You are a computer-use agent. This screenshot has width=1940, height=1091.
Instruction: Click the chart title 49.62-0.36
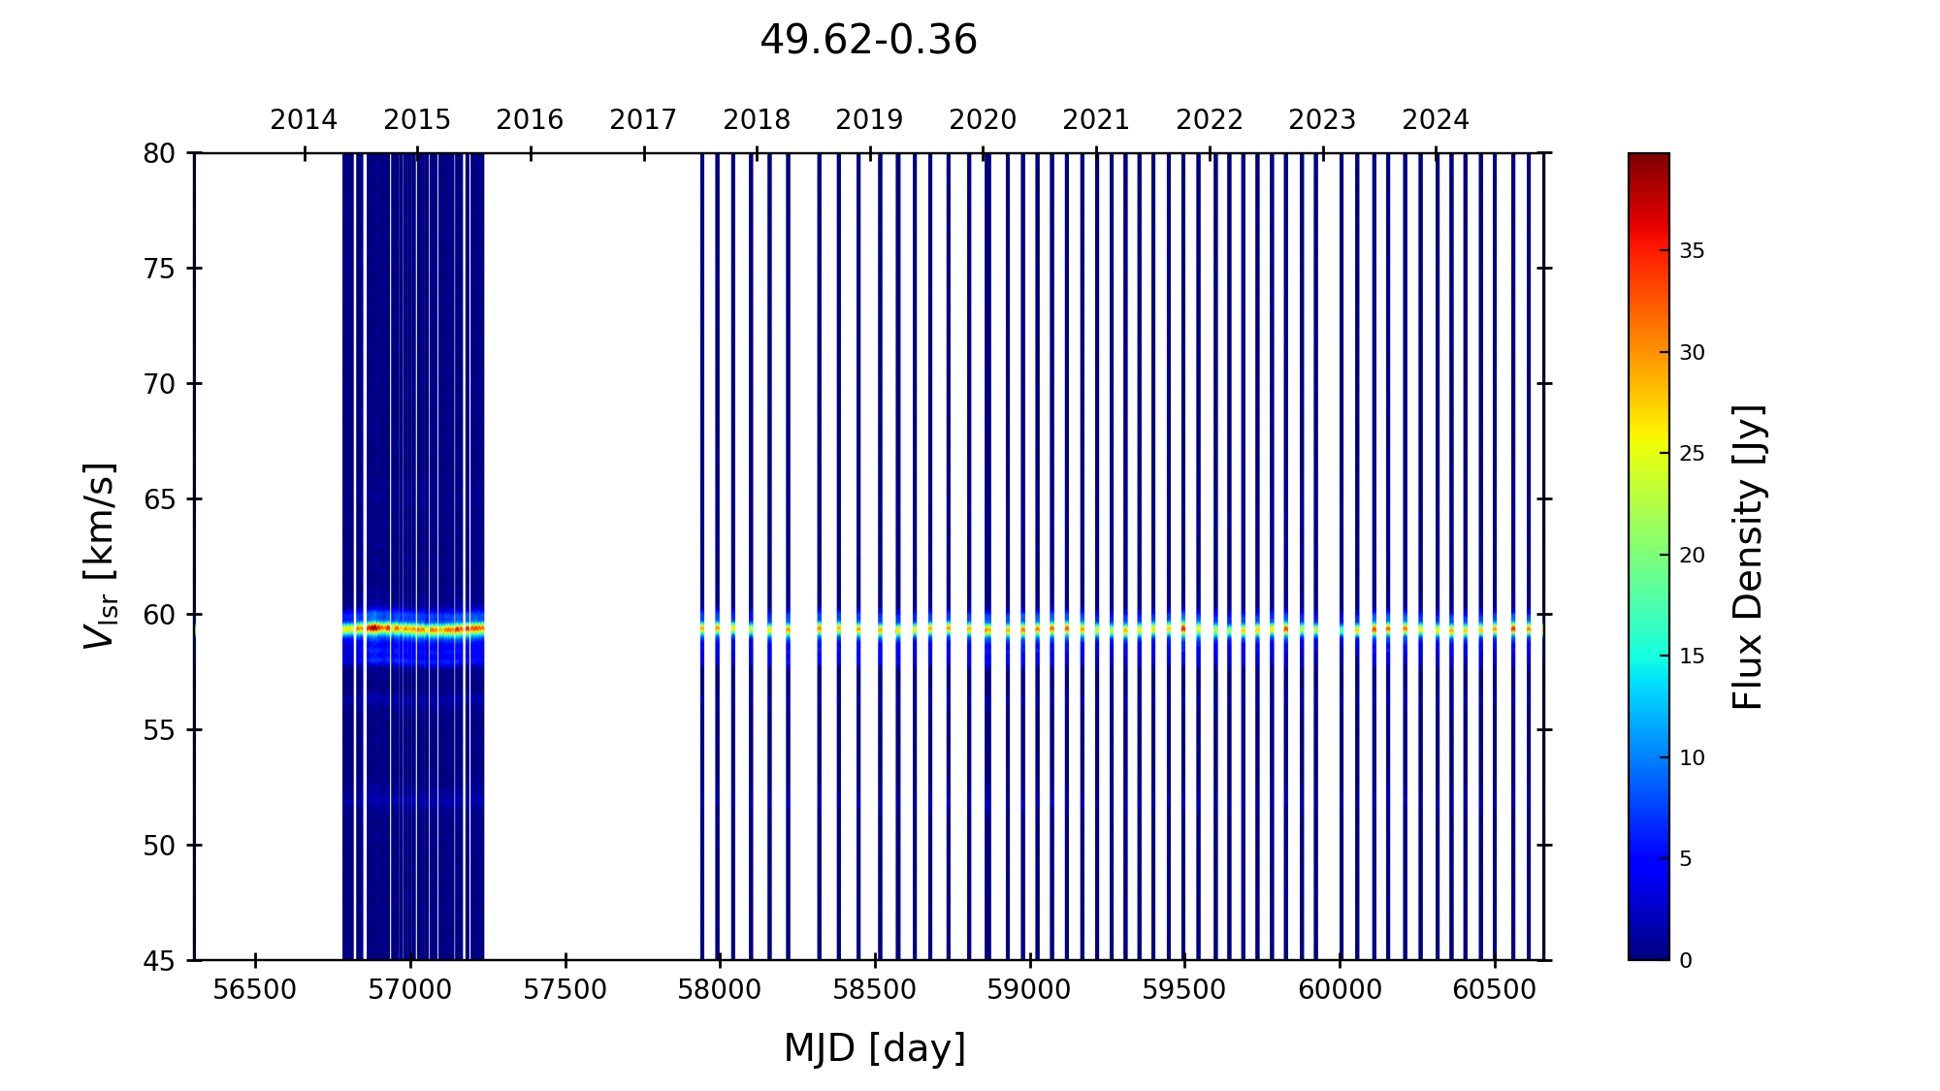868,41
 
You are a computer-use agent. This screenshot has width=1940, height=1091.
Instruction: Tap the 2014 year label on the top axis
304,120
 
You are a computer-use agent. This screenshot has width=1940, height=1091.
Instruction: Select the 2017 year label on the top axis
643,120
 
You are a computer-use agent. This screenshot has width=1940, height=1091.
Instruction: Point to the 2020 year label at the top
983,120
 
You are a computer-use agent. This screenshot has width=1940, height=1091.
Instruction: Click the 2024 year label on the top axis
1436,120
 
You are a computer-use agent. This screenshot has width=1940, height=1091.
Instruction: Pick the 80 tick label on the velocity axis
159,153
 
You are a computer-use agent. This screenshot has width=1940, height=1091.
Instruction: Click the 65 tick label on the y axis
159,499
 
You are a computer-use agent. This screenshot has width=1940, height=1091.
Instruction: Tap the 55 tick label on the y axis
159,730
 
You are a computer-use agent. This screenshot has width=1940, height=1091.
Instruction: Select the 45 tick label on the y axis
159,961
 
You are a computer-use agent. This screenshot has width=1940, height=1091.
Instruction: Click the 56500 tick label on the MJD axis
255,990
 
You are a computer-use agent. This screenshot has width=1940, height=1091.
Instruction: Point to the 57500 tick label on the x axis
566,990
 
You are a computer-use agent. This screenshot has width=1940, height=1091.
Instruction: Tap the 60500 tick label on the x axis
1494,990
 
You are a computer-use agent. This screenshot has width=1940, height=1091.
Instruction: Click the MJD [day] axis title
875,1048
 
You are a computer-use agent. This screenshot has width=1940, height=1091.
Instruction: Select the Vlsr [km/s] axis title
100,556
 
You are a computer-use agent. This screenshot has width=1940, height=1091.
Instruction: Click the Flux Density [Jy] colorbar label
1748,557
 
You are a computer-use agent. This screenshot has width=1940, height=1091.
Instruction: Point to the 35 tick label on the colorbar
1692,251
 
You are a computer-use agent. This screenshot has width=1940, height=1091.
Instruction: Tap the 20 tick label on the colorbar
1692,556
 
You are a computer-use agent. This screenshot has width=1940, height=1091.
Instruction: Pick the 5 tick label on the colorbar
1686,859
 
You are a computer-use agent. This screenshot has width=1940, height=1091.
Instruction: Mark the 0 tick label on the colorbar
1686,961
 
